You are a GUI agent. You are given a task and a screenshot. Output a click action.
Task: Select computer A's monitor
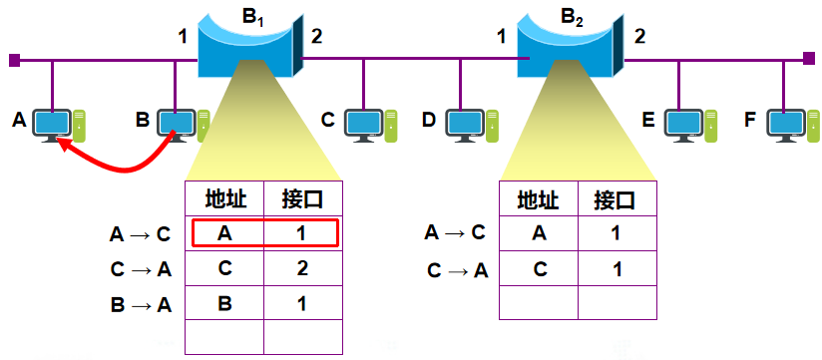pos(51,123)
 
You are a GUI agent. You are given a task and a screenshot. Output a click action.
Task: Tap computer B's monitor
pos(176,123)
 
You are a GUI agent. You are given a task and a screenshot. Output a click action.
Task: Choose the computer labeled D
pos(464,123)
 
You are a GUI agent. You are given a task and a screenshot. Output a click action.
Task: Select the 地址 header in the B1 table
pos(225,197)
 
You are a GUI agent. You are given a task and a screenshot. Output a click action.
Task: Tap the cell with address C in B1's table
pos(225,268)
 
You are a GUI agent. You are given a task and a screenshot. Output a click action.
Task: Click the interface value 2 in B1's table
pos(303,268)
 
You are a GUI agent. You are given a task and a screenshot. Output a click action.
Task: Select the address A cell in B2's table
pos(539,233)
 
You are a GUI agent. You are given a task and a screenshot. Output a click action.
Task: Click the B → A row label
pos(141,304)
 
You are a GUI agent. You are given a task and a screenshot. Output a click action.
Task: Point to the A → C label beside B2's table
pos(454,233)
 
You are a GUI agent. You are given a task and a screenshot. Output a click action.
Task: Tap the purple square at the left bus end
pos(14,60)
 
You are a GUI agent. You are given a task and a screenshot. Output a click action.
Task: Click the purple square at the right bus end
pos(807,60)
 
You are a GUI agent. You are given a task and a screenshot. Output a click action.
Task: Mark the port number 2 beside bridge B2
pos(639,37)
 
